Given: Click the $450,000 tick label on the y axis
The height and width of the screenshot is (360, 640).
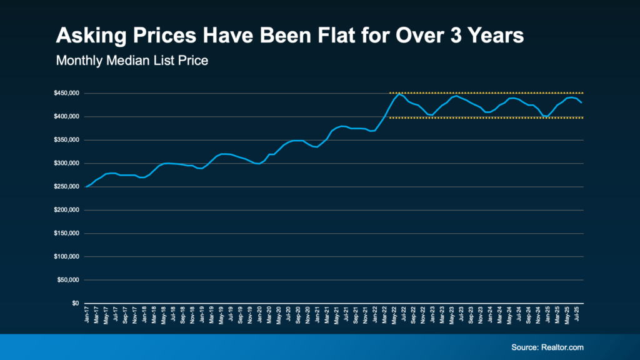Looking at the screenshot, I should click(x=66, y=93).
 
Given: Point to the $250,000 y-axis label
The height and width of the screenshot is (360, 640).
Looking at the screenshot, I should click(x=66, y=186).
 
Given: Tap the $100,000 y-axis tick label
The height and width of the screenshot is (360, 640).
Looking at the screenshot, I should click(x=66, y=256).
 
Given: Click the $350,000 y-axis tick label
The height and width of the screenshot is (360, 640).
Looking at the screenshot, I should click(x=66, y=140).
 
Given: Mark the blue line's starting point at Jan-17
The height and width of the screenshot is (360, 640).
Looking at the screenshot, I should click(x=86, y=186).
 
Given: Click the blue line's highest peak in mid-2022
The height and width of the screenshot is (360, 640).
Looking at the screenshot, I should click(x=399, y=94).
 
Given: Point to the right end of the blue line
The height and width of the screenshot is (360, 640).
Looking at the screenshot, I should click(x=581, y=102).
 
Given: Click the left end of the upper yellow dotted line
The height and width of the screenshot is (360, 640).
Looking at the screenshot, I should click(x=390, y=93).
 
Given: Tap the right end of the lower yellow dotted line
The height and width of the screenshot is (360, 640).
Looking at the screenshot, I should click(x=583, y=117).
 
